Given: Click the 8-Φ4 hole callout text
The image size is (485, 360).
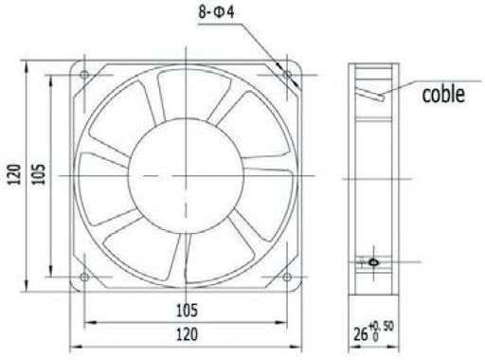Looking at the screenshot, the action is (x=216, y=12).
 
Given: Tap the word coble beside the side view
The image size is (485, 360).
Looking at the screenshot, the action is (x=443, y=94).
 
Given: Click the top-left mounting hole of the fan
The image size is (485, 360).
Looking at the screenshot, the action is (x=84, y=75).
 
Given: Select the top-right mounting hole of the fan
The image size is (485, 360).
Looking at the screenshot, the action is (x=287, y=75).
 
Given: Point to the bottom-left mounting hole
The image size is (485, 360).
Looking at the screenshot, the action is (x=84, y=277).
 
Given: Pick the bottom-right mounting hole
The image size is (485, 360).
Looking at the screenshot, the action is (x=287, y=278).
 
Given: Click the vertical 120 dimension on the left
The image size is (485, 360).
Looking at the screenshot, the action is (x=14, y=174).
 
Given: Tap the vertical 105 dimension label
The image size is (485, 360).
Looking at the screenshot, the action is (x=38, y=174).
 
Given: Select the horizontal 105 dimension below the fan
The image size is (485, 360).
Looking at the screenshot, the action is (x=187, y=311).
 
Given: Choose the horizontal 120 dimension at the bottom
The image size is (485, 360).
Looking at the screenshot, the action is (x=187, y=334).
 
